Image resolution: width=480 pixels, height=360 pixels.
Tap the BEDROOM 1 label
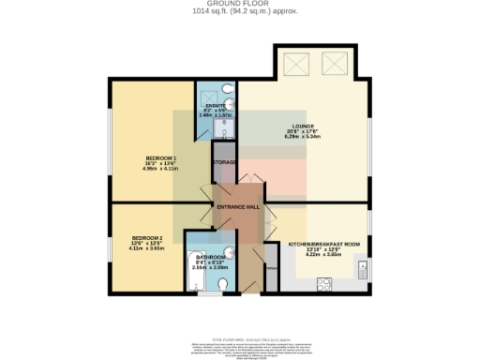point(158,157)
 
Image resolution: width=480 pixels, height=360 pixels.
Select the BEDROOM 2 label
point(147,237)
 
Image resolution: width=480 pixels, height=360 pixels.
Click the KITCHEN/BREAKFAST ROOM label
point(324,243)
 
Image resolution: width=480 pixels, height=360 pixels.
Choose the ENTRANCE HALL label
point(238,205)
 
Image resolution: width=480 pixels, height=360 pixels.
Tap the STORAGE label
point(224,162)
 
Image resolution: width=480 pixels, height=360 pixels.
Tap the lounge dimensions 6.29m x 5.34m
point(303,136)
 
